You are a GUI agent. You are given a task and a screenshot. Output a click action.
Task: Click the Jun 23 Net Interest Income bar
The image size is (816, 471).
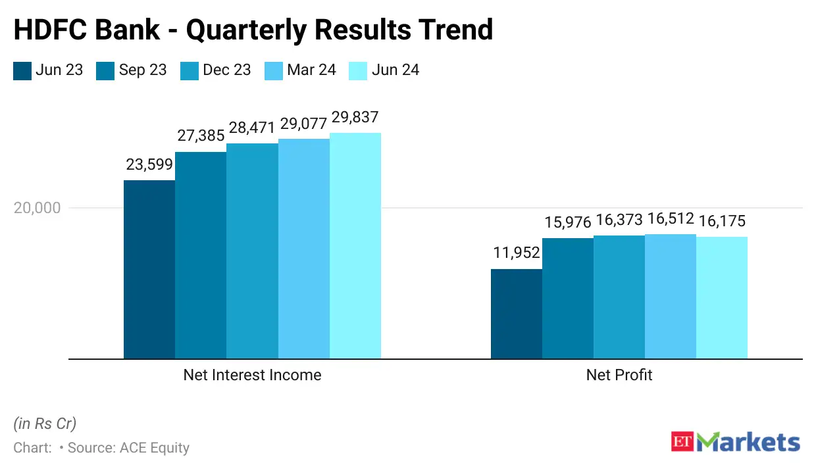pyautogui.click(x=149, y=270)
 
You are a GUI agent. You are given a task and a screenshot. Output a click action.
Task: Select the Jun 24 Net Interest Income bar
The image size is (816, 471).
pyautogui.click(x=355, y=246)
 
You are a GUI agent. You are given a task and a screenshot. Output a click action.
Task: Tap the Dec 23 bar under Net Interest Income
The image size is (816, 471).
pyautogui.click(x=252, y=251)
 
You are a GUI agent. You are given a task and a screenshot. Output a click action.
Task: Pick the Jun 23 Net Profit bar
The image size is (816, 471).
pyautogui.click(x=517, y=314)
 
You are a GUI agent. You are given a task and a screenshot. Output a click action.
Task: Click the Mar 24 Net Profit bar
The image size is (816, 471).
pyautogui.click(x=671, y=296)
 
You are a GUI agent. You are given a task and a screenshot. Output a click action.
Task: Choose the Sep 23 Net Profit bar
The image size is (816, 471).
pyautogui.click(x=568, y=298)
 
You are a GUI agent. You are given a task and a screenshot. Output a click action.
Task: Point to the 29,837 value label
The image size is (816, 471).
pyautogui.click(x=355, y=118)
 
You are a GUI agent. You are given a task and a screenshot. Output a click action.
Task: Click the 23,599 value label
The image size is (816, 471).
pyautogui.click(x=149, y=165)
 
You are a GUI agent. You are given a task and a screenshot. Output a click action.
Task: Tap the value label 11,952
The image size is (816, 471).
pyautogui.click(x=517, y=253)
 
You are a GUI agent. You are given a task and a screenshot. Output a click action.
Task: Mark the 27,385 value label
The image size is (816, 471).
pyautogui.click(x=200, y=136)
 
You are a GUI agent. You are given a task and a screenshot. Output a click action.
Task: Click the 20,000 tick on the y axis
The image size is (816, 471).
pyautogui.click(x=37, y=208)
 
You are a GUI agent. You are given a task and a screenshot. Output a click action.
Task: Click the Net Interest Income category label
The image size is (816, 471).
pyautogui.click(x=252, y=375)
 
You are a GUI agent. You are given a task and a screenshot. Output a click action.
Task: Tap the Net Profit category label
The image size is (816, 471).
pyautogui.click(x=619, y=375)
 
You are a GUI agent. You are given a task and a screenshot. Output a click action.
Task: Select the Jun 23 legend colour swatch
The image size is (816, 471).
pyautogui.click(x=22, y=70)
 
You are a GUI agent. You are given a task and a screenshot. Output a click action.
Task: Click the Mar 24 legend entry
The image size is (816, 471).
pyautogui.click(x=301, y=70)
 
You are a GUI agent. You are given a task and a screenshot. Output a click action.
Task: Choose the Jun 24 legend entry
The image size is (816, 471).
pyautogui.click(x=384, y=70)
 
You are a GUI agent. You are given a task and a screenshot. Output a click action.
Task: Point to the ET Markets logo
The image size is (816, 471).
pyautogui.click(x=735, y=441)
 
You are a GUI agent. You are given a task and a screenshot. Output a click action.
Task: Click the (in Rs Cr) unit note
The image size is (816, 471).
pyautogui.click(x=45, y=423)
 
